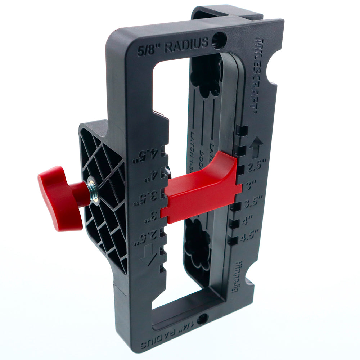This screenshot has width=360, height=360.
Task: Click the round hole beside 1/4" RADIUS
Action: [202, 319]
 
